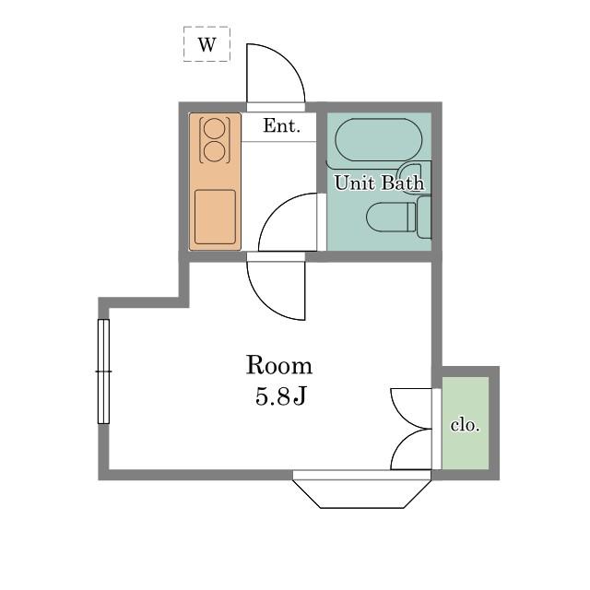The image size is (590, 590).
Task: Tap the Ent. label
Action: [x=281, y=125]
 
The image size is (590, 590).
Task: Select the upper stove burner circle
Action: [x=215, y=129]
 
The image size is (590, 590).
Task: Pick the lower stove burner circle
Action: [x=215, y=151]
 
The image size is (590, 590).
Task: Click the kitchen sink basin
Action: [x=215, y=217]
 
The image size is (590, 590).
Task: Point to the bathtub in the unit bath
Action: [x=379, y=139]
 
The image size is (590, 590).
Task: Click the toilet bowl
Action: [x=391, y=218]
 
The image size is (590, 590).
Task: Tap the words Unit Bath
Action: [x=379, y=183]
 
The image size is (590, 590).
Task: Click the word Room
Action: [x=279, y=365]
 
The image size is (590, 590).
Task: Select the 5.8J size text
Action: [x=280, y=396]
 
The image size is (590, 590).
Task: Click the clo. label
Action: [x=466, y=425]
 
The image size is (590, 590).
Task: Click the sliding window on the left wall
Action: [x=103, y=372]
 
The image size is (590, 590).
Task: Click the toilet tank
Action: [x=424, y=218]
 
